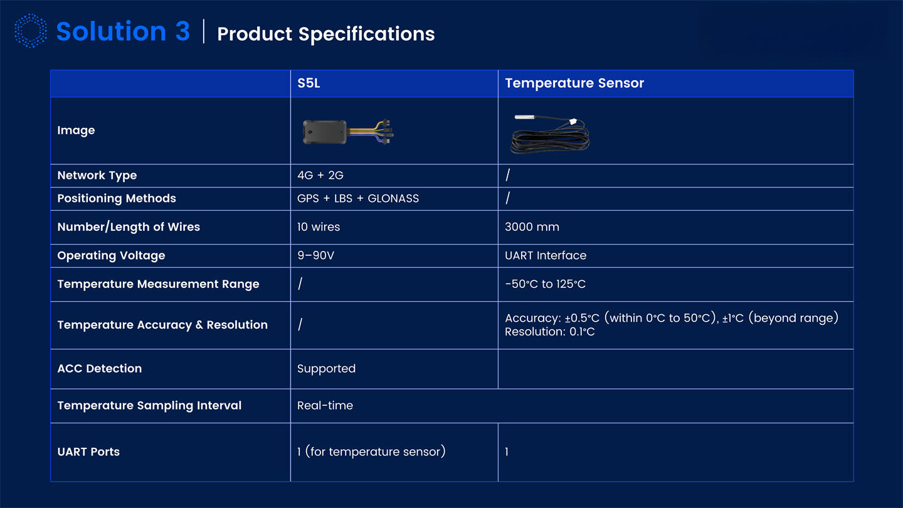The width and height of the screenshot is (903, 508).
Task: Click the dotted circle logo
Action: tap(30, 31)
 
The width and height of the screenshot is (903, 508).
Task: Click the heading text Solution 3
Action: tap(123, 31)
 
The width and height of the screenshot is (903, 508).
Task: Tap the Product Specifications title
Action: tap(325, 34)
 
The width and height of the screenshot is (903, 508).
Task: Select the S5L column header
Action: tap(309, 83)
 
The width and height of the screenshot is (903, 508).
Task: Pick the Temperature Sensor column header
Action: tap(574, 83)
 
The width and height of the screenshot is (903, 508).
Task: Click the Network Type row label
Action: tap(97, 176)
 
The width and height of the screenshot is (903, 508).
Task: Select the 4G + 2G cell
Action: tap(320, 176)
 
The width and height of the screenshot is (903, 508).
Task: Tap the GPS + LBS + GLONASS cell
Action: tap(357, 199)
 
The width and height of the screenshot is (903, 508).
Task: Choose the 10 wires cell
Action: tap(319, 227)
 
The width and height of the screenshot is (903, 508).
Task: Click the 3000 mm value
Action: tap(532, 227)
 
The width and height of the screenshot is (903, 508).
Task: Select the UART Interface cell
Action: tap(546, 256)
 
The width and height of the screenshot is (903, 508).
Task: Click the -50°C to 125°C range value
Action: tap(545, 284)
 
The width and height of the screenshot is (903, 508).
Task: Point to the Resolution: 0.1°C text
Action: tap(549, 332)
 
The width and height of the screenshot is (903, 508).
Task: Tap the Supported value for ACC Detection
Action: tap(326, 369)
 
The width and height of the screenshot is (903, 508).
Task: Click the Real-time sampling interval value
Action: tap(325, 406)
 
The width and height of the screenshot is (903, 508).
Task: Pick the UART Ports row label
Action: tap(88, 452)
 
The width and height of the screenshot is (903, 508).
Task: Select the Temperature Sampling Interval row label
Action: tap(149, 406)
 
